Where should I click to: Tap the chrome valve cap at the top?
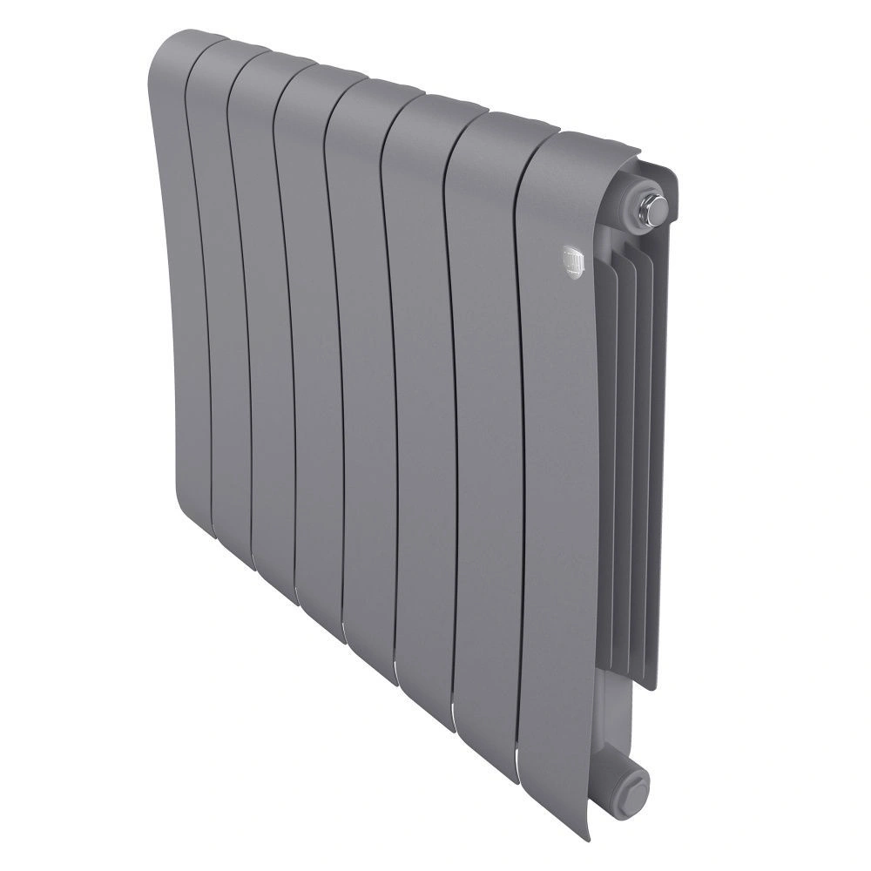tap(652, 207)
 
